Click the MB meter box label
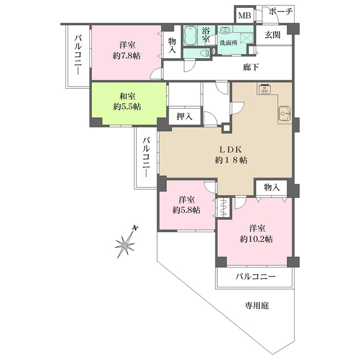coord(245,16)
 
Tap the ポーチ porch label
coord(281,11)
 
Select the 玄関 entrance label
coord(272,35)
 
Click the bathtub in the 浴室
coord(191,35)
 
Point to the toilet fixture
coord(205,53)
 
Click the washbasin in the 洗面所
coord(224,30)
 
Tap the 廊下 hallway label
coord(251,67)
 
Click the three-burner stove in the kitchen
coord(265,89)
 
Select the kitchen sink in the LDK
coord(284,113)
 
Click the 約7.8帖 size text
coord(127,56)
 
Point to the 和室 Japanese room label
coord(127,96)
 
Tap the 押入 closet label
coord(184,116)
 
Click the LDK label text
coord(231,149)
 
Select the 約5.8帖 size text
coord(186,210)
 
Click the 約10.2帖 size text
coord(256,239)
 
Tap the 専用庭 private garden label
coord(256,305)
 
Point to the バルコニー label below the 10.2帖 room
coord(256,276)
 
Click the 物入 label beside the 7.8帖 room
coord(172,45)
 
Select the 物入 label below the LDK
coord(272,187)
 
